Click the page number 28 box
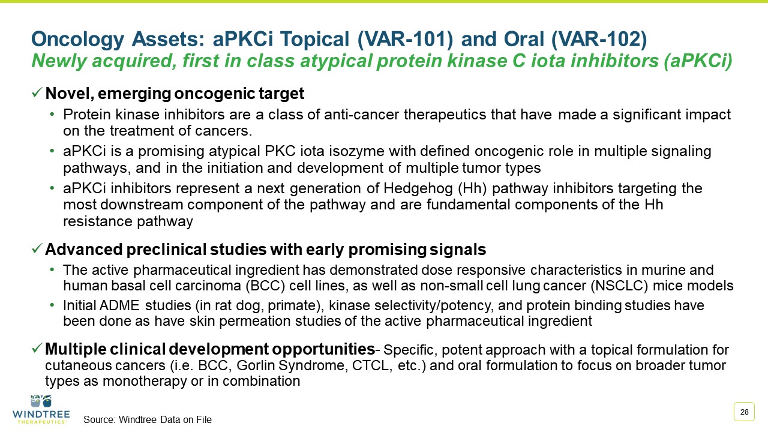click(744, 412)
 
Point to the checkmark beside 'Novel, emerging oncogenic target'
click(37, 94)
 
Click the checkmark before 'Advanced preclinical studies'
click(37, 249)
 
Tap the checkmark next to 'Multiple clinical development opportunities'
click(37, 349)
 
